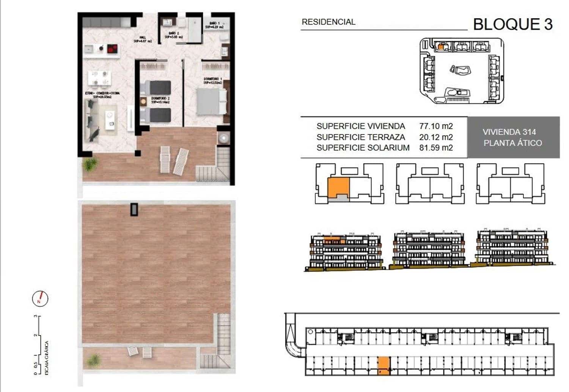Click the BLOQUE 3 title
point(512,24)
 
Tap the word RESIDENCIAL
point(328,22)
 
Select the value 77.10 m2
point(436,126)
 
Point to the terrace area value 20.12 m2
point(436,137)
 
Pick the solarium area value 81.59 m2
point(436,148)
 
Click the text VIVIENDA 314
point(509,132)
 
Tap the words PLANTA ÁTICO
point(512,143)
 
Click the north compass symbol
point(40,299)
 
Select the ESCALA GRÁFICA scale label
point(47,358)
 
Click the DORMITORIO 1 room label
point(212,81)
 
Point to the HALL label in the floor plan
point(143,39)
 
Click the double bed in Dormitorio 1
point(211,101)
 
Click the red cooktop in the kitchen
point(112,49)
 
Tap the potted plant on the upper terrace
point(90,164)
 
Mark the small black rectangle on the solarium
point(134,209)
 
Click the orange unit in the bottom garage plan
point(384,366)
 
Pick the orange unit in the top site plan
point(440,47)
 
